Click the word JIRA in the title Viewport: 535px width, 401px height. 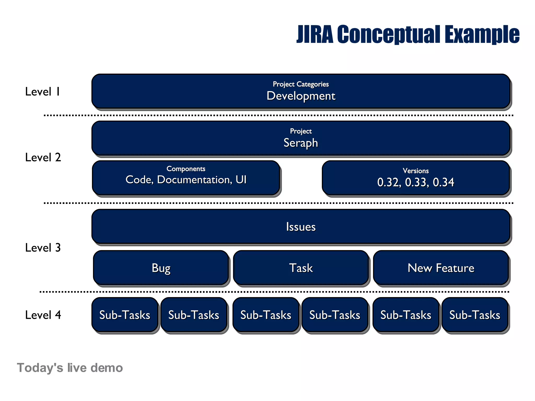(x=315, y=34)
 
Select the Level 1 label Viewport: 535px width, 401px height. (x=43, y=92)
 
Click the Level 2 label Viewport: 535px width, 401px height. (x=43, y=157)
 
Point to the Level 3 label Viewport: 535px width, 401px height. (x=43, y=247)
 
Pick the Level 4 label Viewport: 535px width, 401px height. (x=43, y=315)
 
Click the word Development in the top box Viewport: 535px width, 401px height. (x=301, y=96)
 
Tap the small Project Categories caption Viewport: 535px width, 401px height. (x=301, y=84)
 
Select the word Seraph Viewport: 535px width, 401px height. (x=301, y=143)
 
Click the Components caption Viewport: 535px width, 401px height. (x=186, y=169)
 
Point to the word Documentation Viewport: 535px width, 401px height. (x=195, y=180)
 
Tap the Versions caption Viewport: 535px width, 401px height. (x=416, y=171)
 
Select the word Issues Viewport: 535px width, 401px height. (x=301, y=227)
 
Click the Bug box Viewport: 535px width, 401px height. (x=161, y=268)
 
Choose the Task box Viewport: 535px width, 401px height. (x=301, y=268)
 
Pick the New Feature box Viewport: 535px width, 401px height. (x=441, y=268)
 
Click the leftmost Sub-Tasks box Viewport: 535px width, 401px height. (x=125, y=315)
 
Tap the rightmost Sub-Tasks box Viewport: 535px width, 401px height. (x=475, y=315)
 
